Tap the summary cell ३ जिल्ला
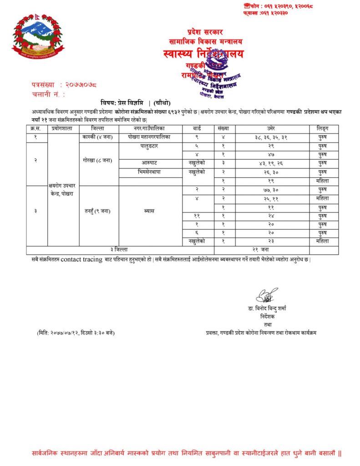[x=119, y=250]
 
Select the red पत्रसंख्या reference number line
[x=64, y=85]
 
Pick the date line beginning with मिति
[x=76, y=333]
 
